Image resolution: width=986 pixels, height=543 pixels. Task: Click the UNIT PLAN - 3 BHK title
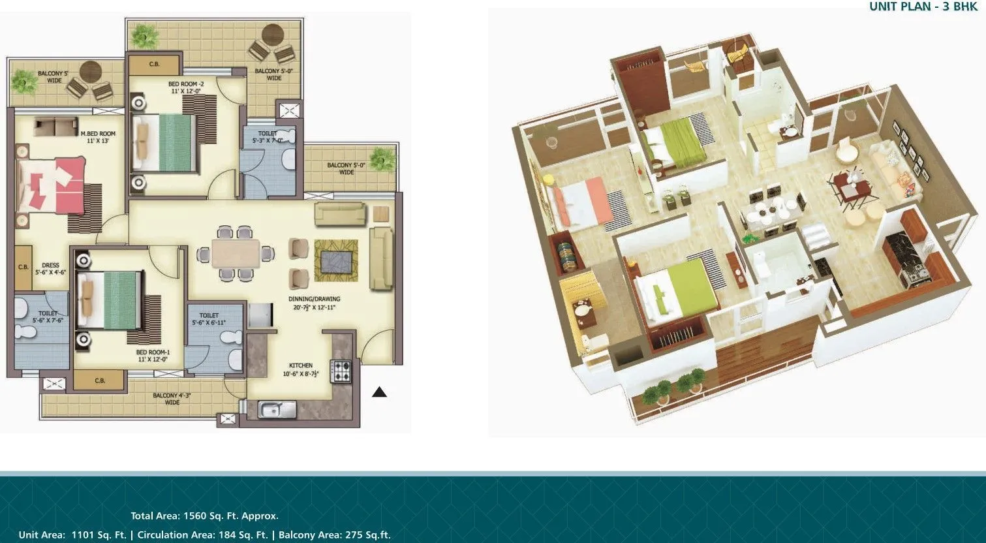[923, 7]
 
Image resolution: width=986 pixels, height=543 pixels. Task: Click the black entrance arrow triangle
[379, 392]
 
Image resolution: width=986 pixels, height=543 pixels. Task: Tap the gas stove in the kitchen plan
[341, 371]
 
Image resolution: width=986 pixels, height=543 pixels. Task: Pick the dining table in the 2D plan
[236, 253]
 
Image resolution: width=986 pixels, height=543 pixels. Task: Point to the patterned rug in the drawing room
[336, 256]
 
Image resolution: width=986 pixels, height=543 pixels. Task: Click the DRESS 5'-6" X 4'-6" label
[50, 269]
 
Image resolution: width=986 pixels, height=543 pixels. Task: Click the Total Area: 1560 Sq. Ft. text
[204, 516]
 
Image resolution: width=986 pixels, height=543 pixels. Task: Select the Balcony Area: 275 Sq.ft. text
[334, 535]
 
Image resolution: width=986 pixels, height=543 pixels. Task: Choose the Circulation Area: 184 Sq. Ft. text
[202, 535]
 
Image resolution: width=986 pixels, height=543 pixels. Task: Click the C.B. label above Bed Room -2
[154, 65]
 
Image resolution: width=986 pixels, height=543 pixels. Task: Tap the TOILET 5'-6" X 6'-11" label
[209, 319]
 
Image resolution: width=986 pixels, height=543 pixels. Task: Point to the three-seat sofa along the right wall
[381, 258]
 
